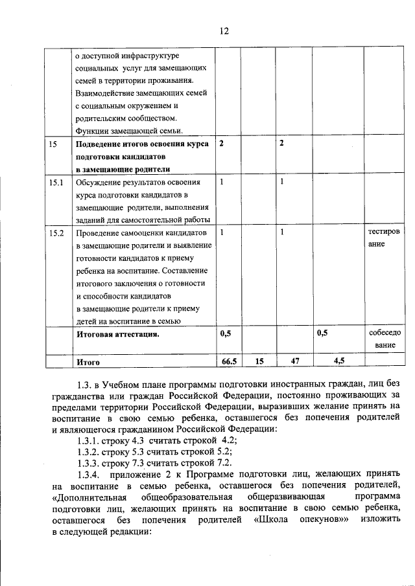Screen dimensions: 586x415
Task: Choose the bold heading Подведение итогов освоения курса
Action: (142, 144)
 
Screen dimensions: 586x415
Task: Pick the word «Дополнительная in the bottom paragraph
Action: (88, 497)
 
